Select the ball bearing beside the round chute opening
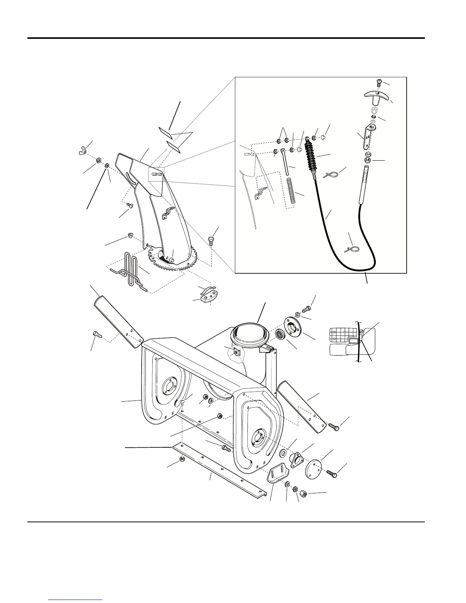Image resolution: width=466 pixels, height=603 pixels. [282, 336]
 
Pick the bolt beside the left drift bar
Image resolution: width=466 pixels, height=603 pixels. [96, 335]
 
